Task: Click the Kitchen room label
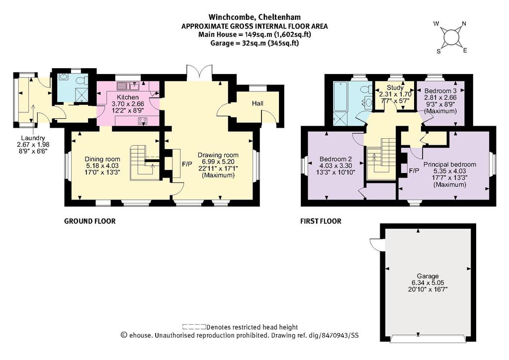[128, 97]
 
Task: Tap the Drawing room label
[218, 155]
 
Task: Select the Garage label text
[427, 276]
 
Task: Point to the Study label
[395, 88]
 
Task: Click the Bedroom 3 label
[440, 91]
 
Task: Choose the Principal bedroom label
[449, 164]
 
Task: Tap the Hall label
[258, 103]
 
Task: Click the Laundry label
[33, 138]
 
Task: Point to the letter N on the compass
[464, 23]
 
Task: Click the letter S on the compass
[438, 51]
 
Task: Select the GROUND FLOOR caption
[90, 221]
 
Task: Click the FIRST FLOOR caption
[321, 221]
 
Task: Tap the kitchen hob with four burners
[142, 121]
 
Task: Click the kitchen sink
[129, 86]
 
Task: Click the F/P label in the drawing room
[187, 164]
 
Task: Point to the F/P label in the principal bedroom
[414, 171]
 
